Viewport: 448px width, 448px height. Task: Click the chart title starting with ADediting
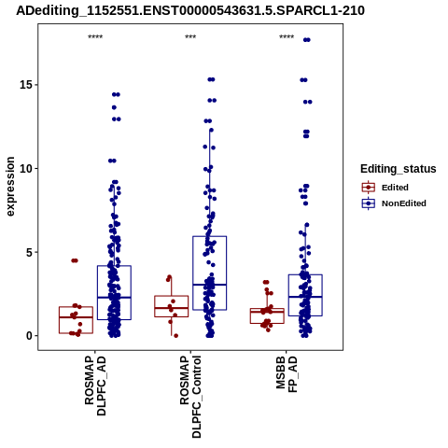tap(190, 10)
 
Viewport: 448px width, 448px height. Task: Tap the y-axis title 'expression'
tap(10, 187)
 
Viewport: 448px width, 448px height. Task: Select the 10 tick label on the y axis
tap(26, 168)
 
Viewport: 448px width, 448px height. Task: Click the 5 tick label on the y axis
tap(30, 252)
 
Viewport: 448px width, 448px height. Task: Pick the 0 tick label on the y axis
tap(30, 336)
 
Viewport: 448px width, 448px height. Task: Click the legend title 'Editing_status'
tap(399, 169)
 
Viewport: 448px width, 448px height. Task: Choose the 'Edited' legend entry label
tap(395, 188)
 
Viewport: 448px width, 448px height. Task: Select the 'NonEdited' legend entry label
tap(404, 203)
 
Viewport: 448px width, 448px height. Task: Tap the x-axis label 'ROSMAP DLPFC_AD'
tap(95, 385)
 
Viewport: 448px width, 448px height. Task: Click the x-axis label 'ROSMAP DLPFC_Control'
tap(190, 397)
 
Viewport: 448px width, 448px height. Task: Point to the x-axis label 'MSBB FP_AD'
tap(287, 374)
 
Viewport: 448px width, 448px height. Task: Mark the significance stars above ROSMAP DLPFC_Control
tap(190, 37)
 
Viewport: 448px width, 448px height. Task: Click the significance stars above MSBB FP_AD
tap(287, 37)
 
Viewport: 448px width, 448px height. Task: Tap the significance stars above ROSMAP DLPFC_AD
tap(95, 37)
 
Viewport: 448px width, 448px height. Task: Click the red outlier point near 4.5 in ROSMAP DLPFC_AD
tap(75, 260)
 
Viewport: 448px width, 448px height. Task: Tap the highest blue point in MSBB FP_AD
tap(307, 40)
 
